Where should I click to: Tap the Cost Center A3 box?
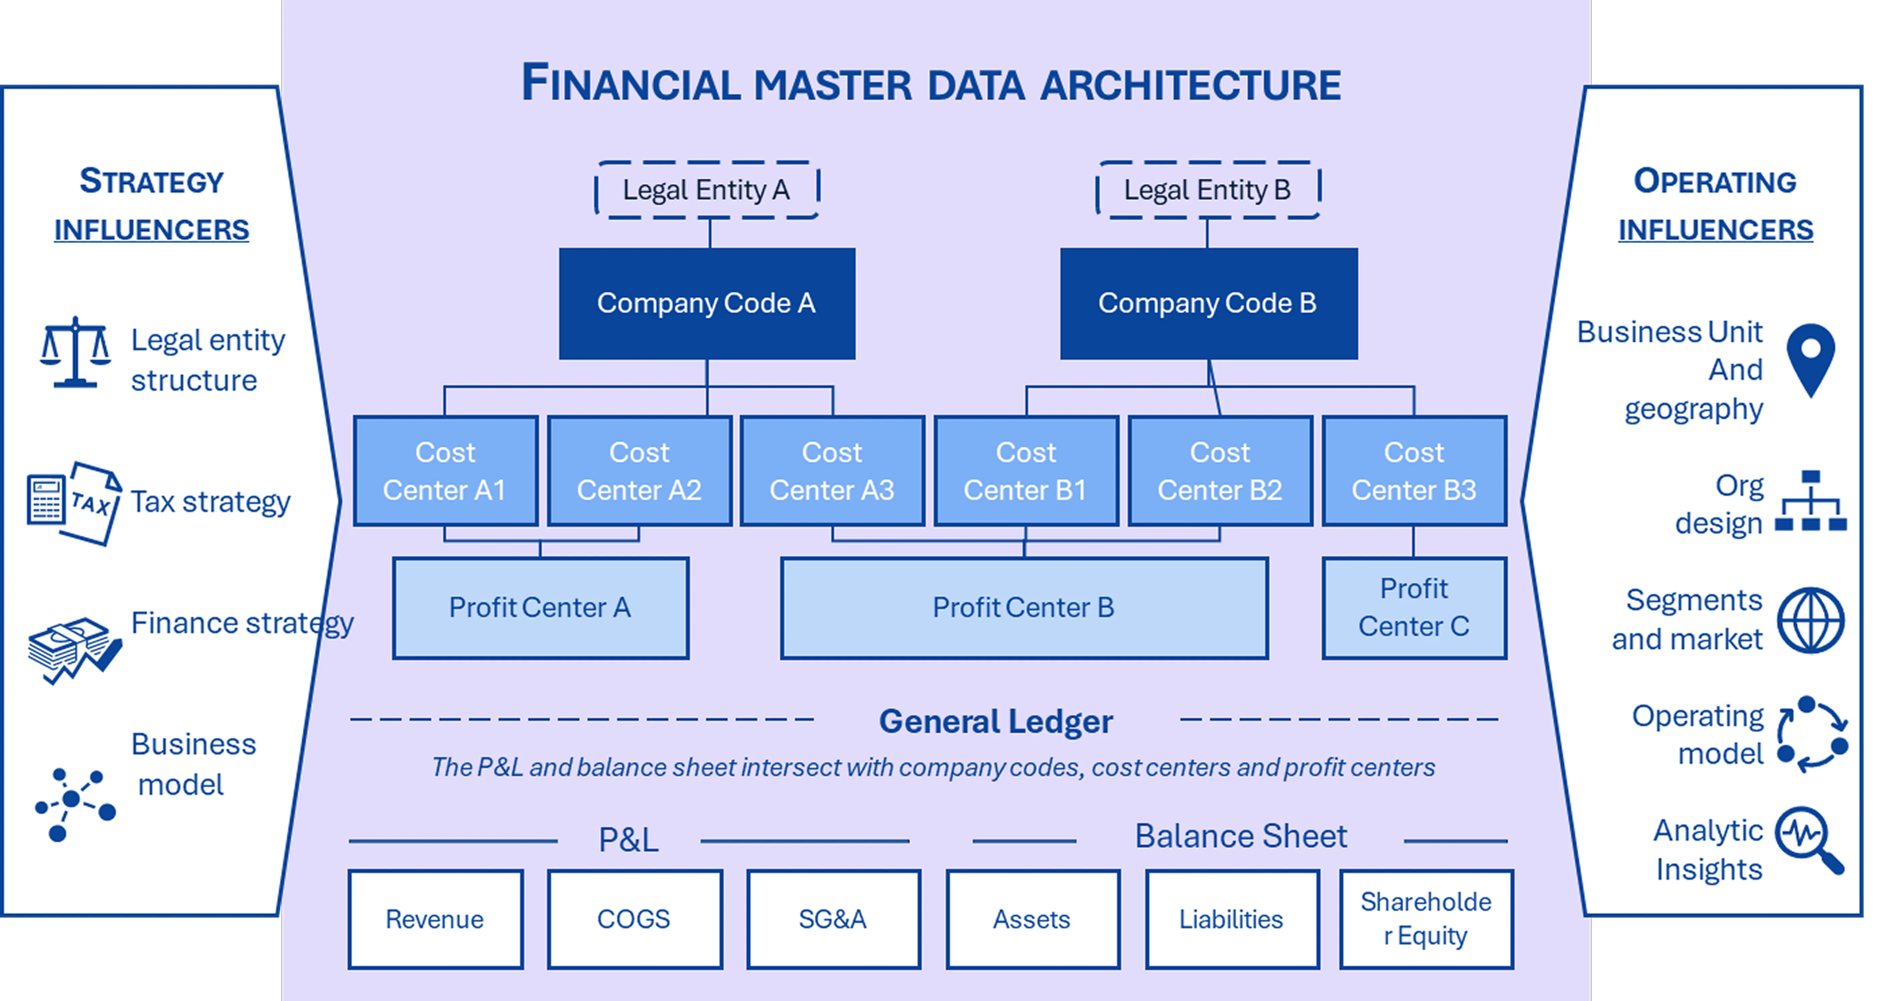(832, 471)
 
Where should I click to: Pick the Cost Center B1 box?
(1026, 471)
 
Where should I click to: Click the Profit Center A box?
(540, 608)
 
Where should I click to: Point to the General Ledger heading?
(995, 721)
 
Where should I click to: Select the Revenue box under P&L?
(435, 919)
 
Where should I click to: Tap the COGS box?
(634, 919)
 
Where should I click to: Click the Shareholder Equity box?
(1426, 919)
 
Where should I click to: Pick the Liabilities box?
(1232, 919)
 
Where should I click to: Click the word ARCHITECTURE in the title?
(1190, 85)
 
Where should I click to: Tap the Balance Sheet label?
(1241, 836)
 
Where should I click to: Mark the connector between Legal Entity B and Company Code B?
(1207, 233)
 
